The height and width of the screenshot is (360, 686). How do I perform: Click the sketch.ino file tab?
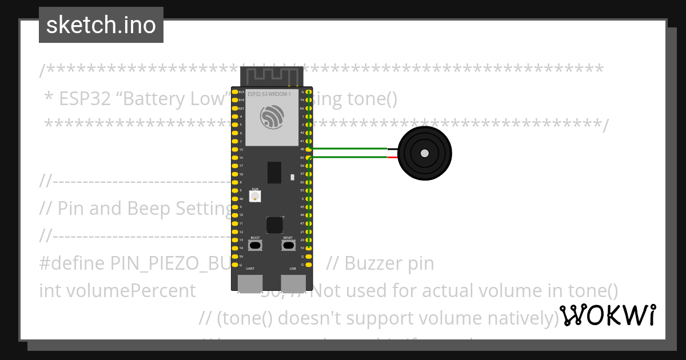(x=101, y=25)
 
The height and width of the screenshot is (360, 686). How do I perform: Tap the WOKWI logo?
(x=607, y=315)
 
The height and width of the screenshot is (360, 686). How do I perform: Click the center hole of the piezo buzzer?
(x=424, y=153)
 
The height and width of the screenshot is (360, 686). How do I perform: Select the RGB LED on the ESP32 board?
(x=255, y=195)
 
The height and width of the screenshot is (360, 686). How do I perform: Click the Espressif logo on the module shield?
(x=272, y=118)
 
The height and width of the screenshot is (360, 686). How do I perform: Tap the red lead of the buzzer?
(x=393, y=157)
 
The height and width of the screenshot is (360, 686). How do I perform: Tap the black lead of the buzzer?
(x=393, y=149)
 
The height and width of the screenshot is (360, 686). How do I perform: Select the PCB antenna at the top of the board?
(x=272, y=75)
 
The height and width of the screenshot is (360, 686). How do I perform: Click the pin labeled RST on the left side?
(x=234, y=108)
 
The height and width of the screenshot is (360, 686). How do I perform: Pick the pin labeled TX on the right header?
(x=309, y=100)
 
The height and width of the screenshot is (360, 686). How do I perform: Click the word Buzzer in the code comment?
(x=372, y=263)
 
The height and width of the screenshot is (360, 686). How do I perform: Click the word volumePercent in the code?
(x=117, y=291)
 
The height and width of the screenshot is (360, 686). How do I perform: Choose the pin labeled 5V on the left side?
(x=234, y=257)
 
